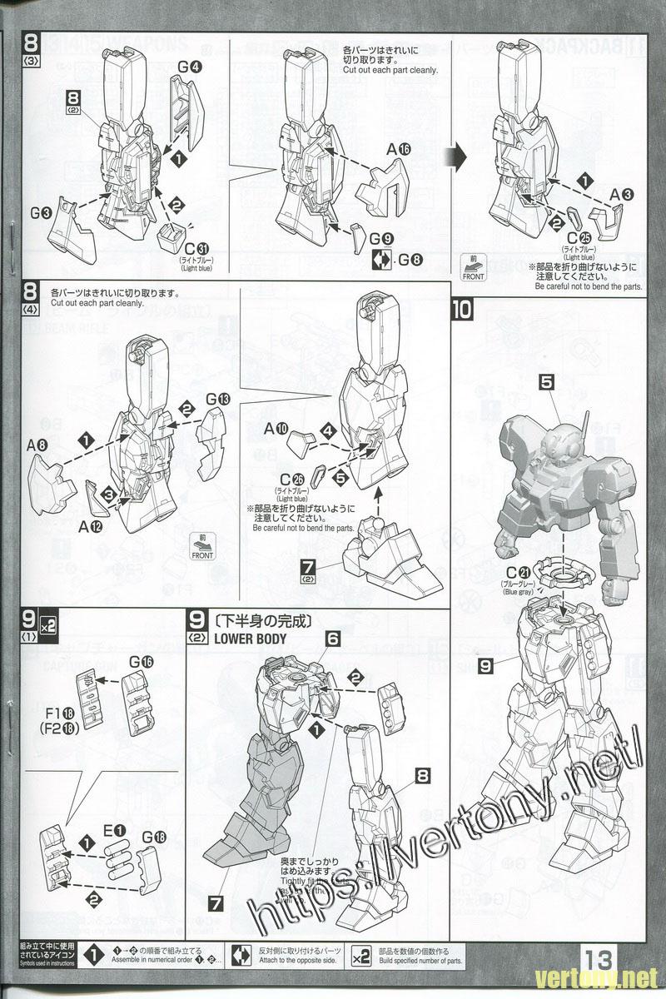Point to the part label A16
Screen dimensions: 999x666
pyautogui.click(x=399, y=148)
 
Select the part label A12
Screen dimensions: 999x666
pyautogui.click(x=91, y=525)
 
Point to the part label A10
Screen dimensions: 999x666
pyautogui.click(x=276, y=430)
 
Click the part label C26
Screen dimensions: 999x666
pyautogui.click(x=292, y=479)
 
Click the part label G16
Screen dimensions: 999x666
pyautogui.click(x=142, y=662)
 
